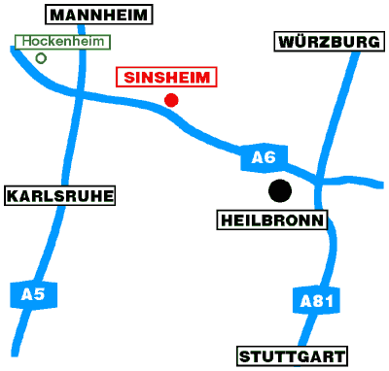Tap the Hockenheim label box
point(62,42)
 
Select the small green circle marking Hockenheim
point(41,58)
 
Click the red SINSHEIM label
point(166,78)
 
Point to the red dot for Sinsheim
point(172,99)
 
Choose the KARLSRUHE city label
point(60,196)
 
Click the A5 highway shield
point(27,293)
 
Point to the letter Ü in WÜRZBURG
point(297,42)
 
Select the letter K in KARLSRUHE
point(14,196)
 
